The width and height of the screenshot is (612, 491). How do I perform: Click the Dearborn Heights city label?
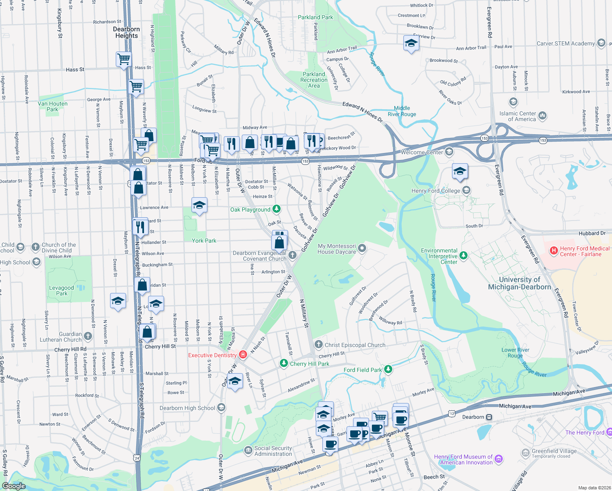click(126, 32)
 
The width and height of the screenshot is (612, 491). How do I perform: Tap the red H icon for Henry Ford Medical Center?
click(553, 250)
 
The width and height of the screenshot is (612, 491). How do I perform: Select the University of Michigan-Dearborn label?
click(520, 283)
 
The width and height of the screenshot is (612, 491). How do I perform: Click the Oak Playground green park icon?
click(277, 209)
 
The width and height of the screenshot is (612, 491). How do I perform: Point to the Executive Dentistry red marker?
click(243, 355)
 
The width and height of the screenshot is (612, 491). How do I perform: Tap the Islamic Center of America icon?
click(542, 116)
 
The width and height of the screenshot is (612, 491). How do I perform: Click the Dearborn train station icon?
click(489, 417)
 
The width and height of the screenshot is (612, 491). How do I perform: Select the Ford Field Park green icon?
click(388, 369)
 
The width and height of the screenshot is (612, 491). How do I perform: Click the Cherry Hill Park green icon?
click(283, 363)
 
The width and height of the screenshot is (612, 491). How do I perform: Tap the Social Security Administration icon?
click(248, 450)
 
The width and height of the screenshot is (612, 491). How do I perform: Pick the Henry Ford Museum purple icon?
click(499, 459)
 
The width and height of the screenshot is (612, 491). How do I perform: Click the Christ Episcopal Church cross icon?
click(318, 345)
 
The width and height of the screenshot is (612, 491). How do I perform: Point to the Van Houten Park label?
click(52, 106)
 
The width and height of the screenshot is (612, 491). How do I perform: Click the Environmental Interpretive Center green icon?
click(463, 256)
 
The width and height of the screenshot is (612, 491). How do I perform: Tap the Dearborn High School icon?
click(221, 408)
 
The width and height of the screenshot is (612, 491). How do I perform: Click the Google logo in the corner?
click(14, 486)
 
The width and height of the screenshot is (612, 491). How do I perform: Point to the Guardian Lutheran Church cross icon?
click(88, 336)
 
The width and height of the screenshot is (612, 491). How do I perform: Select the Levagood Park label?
click(62, 291)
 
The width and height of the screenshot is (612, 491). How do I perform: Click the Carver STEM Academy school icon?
click(601, 43)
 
